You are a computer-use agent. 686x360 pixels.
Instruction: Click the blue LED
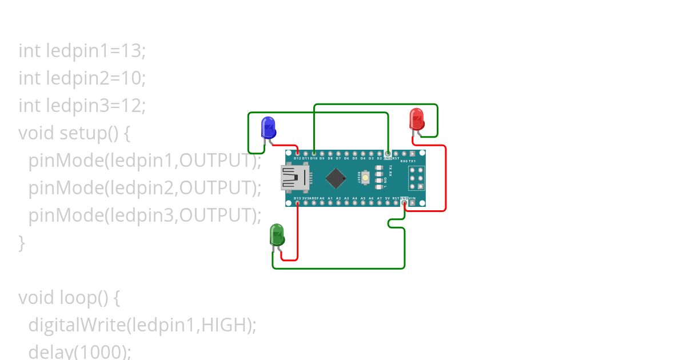268,127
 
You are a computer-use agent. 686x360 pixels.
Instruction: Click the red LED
417,119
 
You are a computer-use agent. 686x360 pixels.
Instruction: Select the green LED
277,235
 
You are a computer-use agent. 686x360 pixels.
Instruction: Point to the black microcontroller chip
336,178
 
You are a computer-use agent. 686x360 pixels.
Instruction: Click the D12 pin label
297,158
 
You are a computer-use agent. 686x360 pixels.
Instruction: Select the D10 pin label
314,158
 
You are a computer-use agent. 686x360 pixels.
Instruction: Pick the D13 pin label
297,198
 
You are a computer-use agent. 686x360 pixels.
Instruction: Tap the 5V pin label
388,198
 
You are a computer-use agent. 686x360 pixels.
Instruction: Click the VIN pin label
412,198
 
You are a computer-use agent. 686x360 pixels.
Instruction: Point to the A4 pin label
354,198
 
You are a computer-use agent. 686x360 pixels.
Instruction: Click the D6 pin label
346,158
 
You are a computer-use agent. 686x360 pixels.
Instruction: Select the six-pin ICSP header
416,178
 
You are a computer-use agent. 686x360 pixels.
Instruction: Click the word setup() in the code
95,133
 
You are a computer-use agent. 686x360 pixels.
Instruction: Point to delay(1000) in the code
79,351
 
